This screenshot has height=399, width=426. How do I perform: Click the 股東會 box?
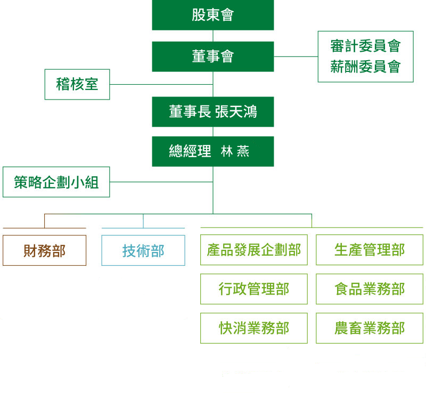(x=213, y=15)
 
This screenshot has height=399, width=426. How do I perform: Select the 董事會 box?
(x=213, y=56)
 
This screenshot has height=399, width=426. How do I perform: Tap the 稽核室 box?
(x=77, y=84)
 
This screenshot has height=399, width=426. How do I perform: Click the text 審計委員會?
(x=365, y=46)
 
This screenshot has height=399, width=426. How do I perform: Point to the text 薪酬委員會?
(x=365, y=67)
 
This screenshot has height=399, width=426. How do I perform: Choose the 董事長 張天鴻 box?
(x=213, y=112)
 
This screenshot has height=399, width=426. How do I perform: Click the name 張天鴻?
(x=236, y=112)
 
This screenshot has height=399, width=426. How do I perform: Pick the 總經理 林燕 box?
(x=213, y=152)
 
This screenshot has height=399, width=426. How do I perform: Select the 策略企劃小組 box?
(x=56, y=182)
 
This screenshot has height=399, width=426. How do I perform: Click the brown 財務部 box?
(x=44, y=250)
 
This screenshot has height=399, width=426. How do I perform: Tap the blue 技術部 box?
(x=143, y=250)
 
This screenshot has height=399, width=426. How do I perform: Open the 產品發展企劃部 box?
(x=254, y=250)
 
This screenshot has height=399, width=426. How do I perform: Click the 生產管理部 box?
(x=370, y=250)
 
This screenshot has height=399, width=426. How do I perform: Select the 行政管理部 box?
(x=254, y=289)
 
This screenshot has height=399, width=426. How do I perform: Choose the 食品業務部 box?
(x=370, y=289)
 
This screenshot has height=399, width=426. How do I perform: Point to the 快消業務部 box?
(x=254, y=328)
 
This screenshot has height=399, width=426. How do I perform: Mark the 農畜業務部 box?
(x=370, y=328)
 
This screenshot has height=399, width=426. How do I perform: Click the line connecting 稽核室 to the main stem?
(x=160, y=84)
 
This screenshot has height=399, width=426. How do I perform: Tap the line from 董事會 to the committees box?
(x=296, y=56)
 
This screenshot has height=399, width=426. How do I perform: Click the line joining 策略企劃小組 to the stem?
(x=160, y=182)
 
